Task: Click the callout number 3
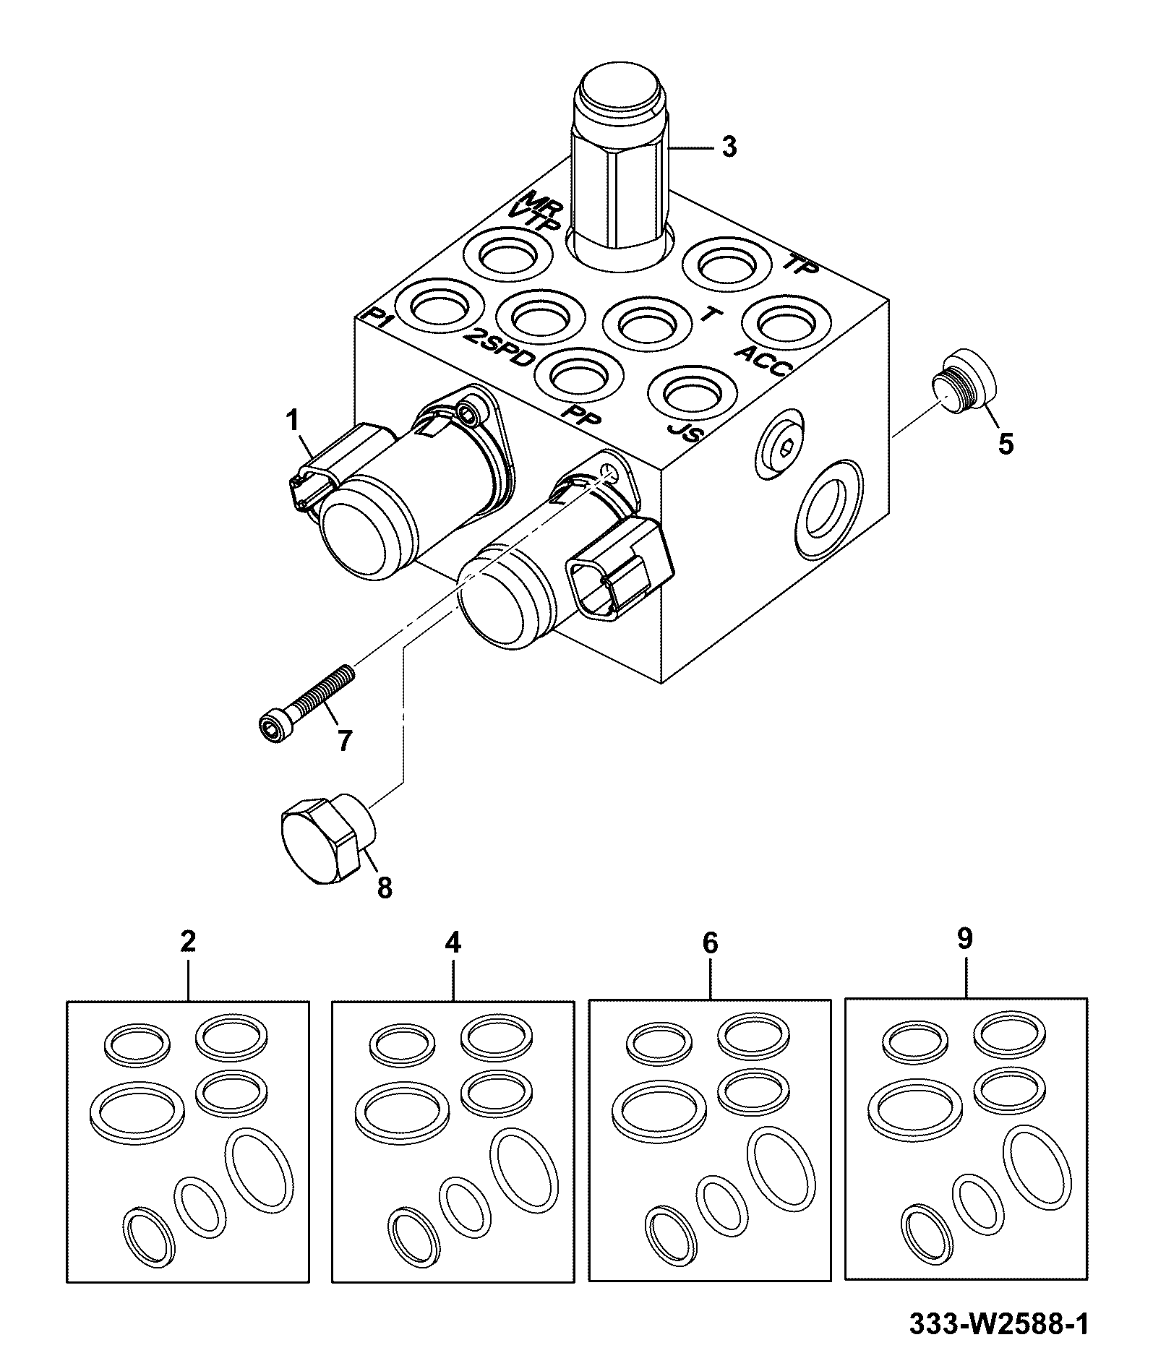click(729, 147)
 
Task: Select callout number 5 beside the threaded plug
click(1006, 442)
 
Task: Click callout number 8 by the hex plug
click(385, 888)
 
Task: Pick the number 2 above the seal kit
click(188, 942)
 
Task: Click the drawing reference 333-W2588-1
click(998, 1324)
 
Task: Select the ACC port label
click(763, 360)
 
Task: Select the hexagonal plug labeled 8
click(327, 838)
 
